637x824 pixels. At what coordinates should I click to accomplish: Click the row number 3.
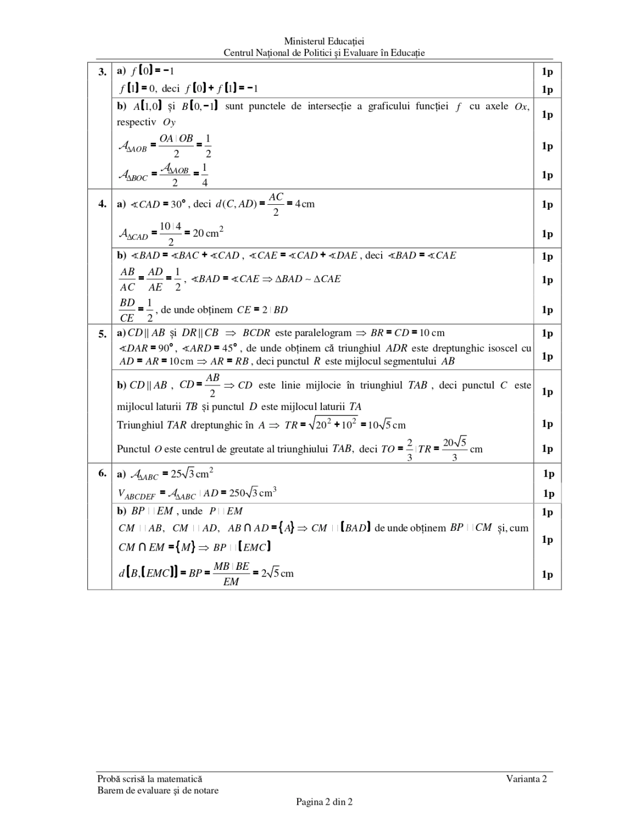(x=102, y=72)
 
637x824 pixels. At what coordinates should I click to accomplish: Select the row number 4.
(x=102, y=204)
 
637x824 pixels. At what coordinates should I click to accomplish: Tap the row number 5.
(x=102, y=333)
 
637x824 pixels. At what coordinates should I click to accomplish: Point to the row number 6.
(x=102, y=473)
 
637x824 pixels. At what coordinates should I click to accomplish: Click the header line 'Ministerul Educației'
(x=324, y=41)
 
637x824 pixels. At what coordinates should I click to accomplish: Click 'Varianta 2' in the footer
(x=527, y=778)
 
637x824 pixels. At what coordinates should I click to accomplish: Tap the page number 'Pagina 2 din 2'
(x=324, y=802)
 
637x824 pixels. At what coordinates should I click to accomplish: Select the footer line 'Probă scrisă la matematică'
(x=149, y=778)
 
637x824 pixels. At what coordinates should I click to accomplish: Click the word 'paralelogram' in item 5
(x=322, y=333)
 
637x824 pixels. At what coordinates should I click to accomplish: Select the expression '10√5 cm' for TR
(x=387, y=425)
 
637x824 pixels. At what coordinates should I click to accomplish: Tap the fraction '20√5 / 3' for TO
(x=455, y=449)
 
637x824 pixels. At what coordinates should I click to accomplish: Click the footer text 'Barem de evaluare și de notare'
(x=158, y=791)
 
